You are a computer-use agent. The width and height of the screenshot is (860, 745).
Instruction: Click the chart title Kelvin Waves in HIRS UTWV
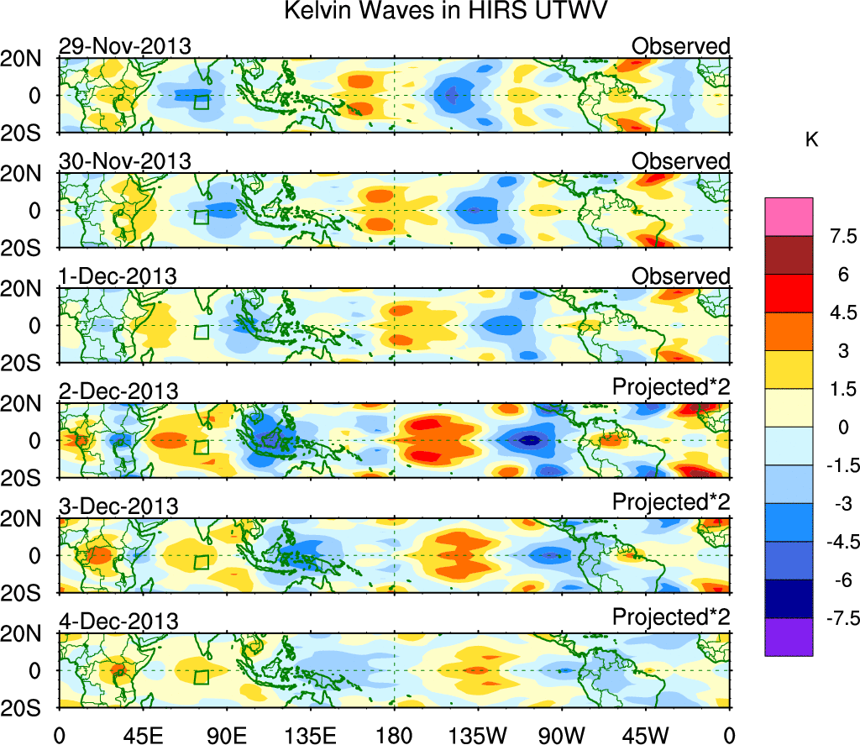445,12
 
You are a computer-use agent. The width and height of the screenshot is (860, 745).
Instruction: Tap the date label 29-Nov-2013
124,46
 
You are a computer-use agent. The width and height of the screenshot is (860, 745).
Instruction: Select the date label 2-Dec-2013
118,391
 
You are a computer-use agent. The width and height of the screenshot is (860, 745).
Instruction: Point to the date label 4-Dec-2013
118,622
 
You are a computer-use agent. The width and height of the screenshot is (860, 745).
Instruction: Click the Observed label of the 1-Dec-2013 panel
680,276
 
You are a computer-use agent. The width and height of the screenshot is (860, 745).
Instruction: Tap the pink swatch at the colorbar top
789,217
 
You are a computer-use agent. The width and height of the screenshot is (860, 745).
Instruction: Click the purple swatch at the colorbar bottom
789,637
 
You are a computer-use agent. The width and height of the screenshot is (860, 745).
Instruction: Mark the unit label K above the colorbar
811,140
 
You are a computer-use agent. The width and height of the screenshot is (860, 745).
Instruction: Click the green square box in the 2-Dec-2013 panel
201,447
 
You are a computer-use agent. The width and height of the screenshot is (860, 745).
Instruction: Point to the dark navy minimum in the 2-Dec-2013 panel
528,439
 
